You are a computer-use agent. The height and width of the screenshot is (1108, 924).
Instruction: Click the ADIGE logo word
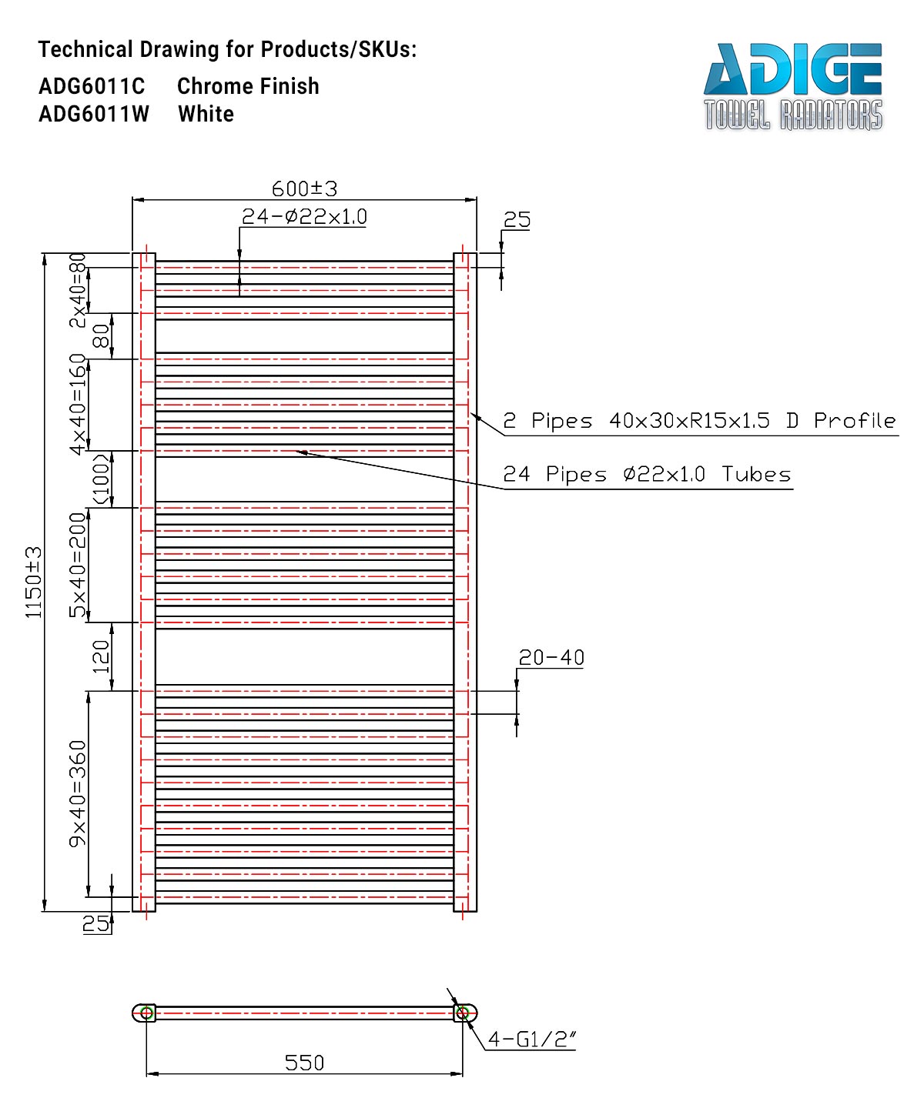coord(792,69)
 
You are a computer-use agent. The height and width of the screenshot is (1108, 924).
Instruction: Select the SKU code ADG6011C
coord(92,86)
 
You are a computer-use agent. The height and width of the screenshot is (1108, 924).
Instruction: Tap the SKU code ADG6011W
coord(93,114)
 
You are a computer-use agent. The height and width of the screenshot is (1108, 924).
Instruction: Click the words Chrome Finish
coord(248,86)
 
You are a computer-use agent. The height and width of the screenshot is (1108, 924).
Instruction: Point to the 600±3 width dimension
coord(304,189)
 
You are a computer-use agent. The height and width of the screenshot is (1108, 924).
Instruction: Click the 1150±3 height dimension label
coord(33,582)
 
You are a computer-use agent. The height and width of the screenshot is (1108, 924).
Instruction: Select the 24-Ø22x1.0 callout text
coord(303,216)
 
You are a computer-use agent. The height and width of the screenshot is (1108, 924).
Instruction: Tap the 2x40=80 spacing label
coord(78,290)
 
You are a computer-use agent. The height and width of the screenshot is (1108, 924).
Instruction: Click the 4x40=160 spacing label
coord(78,405)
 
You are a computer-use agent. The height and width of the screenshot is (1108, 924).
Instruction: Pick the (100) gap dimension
coord(101,479)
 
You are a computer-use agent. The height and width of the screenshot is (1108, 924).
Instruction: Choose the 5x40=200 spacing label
coord(78,565)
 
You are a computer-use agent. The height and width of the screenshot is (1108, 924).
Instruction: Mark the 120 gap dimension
coord(101,657)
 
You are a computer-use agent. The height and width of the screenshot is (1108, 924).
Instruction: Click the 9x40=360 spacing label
coord(78,794)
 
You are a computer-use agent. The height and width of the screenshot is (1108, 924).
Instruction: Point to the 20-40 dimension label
coord(551,658)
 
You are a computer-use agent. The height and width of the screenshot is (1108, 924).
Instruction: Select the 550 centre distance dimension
coord(304,1063)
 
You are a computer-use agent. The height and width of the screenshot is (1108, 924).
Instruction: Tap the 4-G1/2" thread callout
coord(531,1040)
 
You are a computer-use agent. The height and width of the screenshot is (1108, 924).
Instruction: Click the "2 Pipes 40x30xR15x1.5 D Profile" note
coord(699,421)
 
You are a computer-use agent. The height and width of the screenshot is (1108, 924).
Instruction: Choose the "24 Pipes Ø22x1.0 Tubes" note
coord(647,474)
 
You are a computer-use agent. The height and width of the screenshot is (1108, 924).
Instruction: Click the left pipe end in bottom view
coord(144,1013)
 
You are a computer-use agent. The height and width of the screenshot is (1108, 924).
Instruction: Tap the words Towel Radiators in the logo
coord(793,115)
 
